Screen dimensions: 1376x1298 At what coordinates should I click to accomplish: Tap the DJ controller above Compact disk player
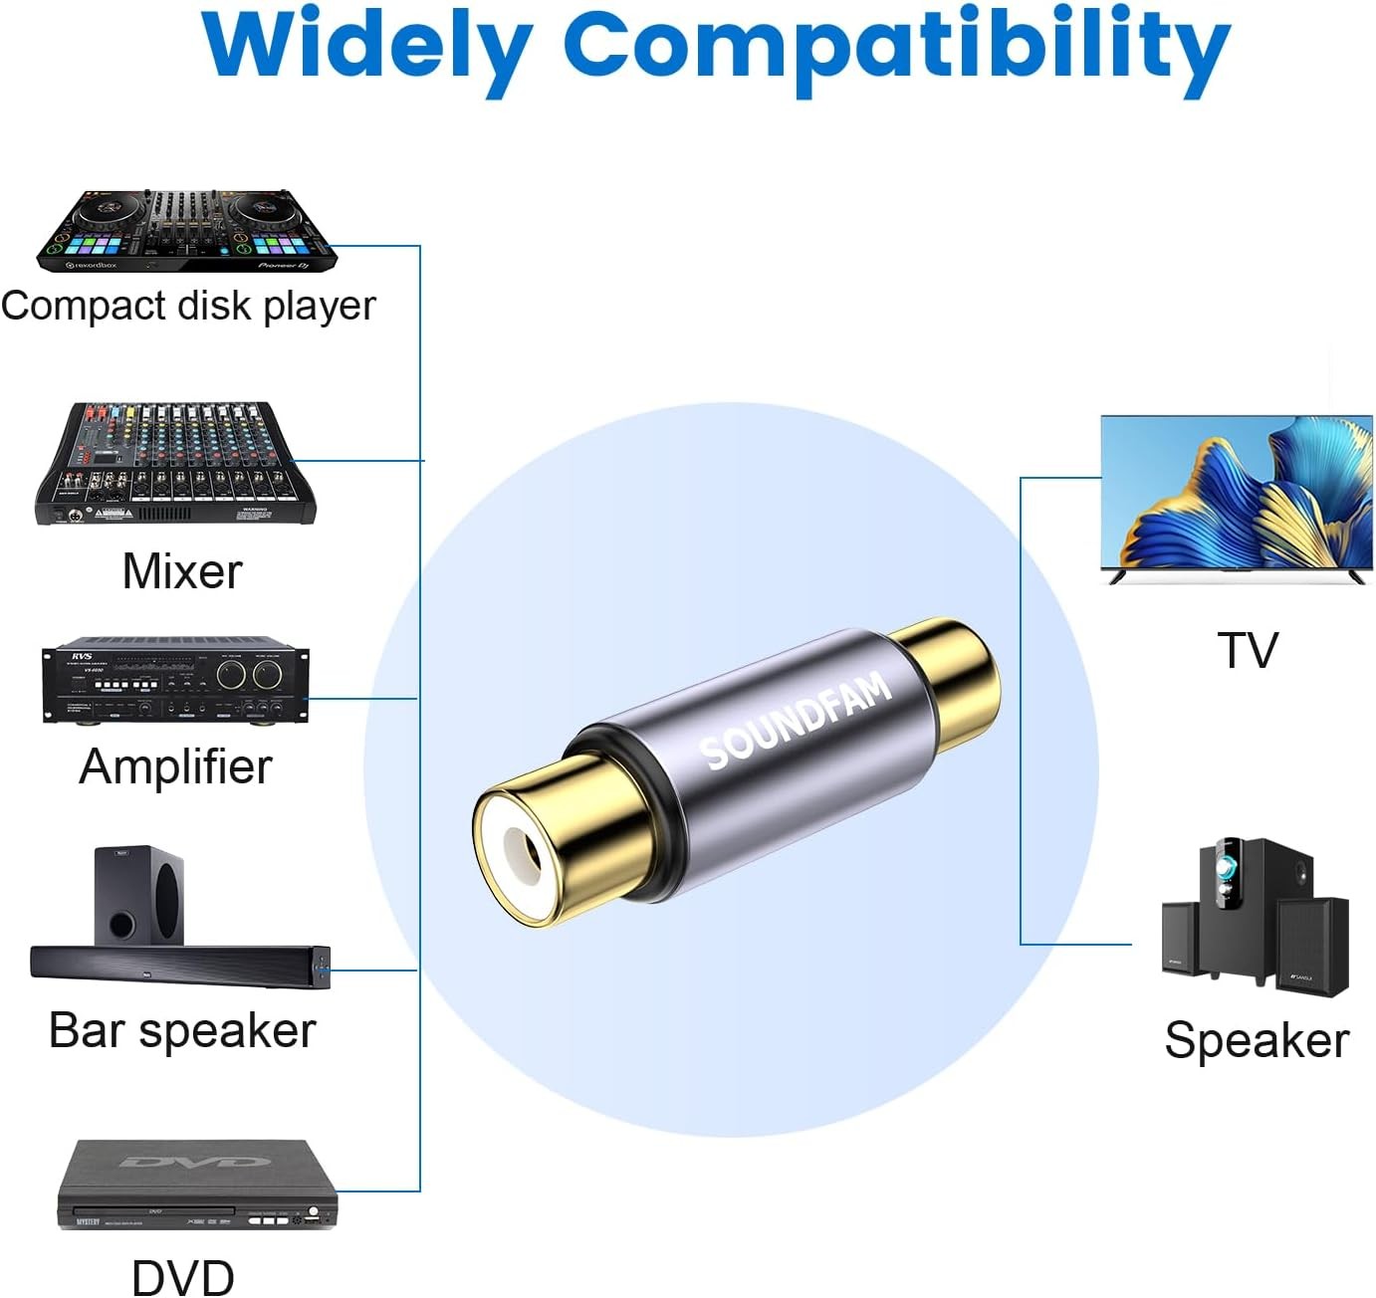click(x=187, y=231)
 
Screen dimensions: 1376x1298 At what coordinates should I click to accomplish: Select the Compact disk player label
click(x=188, y=306)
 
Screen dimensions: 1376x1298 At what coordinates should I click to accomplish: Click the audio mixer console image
click(x=176, y=464)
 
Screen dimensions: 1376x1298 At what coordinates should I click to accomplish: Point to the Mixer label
click(x=182, y=571)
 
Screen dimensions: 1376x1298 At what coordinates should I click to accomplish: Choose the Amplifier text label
click(x=175, y=766)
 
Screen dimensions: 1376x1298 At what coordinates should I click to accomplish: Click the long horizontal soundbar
click(x=179, y=966)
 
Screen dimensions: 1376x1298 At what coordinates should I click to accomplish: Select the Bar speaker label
click(x=182, y=1030)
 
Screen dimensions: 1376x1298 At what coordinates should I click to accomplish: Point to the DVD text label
click(x=183, y=1277)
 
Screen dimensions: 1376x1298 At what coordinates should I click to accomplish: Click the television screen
click(x=1237, y=494)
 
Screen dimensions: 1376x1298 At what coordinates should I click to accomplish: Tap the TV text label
click(x=1247, y=651)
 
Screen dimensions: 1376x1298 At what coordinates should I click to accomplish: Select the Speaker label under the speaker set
click(x=1257, y=1041)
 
